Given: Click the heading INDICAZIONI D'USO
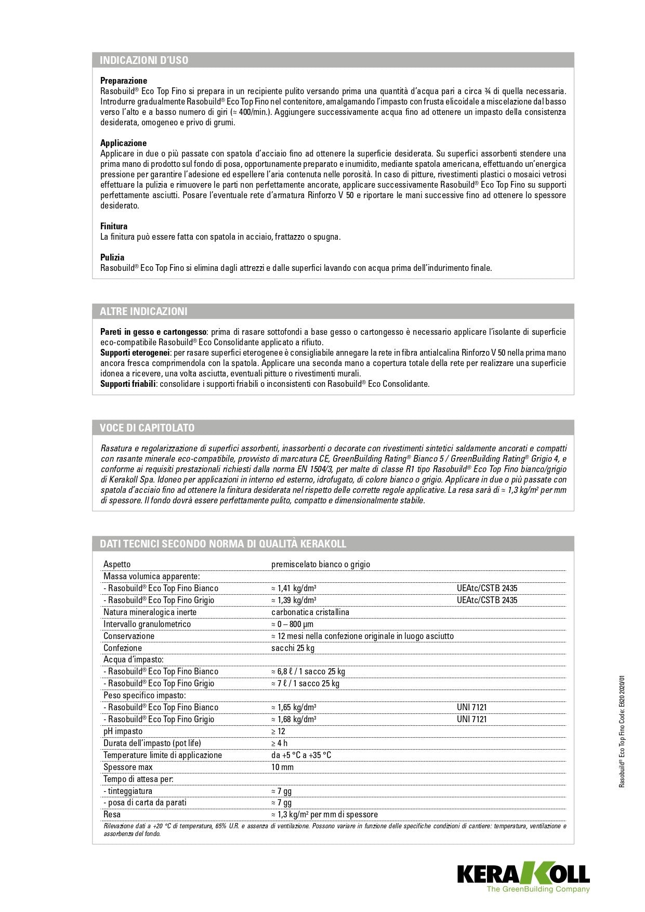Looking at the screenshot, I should pyautogui.click(x=144, y=60).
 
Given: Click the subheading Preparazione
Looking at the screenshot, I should pyautogui.click(x=124, y=81).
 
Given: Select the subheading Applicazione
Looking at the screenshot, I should pyautogui.click(x=123, y=143).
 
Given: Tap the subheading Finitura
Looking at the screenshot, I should pyautogui.click(x=114, y=226).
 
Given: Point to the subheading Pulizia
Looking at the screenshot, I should pyautogui.click(x=112, y=257).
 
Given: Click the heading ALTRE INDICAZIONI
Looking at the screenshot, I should pyautogui.click(x=143, y=311).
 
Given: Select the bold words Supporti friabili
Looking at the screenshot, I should pyautogui.click(x=128, y=384).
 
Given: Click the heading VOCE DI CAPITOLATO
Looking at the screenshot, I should pyautogui.click(x=147, y=428).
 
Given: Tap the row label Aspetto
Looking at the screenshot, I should pyautogui.click(x=117, y=564).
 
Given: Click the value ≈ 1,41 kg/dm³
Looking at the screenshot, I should pyautogui.click(x=294, y=588).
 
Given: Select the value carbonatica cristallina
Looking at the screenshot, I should pyautogui.click(x=310, y=612).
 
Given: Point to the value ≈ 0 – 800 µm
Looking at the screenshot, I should pyautogui.click(x=292, y=624).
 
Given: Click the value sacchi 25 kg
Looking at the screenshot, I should pyautogui.click(x=293, y=648).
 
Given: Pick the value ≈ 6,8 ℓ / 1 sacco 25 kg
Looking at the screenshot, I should pyautogui.click(x=308, y=671).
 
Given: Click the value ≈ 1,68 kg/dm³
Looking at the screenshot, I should pyautogui.click(x=294, y=719).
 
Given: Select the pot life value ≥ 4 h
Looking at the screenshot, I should pyautogui.click(x=279, y=743).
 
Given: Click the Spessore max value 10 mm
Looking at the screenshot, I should pyautogui.click(x=282, y=767).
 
